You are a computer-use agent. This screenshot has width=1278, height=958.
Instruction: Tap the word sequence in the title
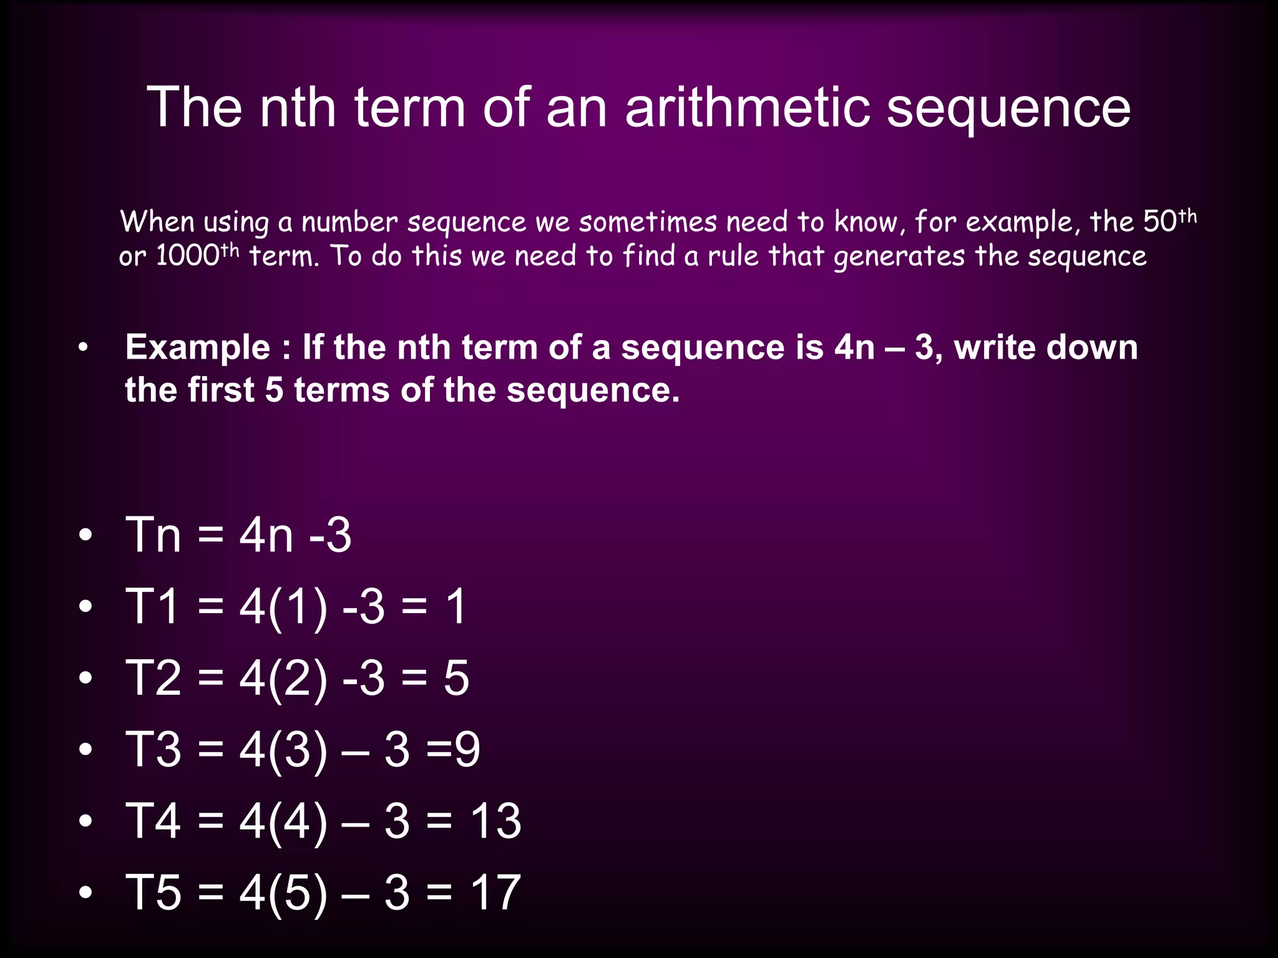(x=1008, y=110)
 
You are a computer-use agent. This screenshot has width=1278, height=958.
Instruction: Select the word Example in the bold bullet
(x=197, y=348)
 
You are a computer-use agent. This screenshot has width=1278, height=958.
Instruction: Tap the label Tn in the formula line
(x=153, y=535)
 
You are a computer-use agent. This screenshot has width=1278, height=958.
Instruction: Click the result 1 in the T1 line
(x=456, y=606)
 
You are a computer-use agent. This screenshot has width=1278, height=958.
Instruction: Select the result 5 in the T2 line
(x=456, y=678)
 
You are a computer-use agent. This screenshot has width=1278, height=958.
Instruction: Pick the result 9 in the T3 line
(x=467, y=749)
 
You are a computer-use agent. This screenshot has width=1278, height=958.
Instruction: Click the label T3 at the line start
(x=153, y=749)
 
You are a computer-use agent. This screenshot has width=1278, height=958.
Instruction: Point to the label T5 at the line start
(x=153, y=893)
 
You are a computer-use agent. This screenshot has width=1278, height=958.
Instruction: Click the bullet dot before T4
(x=85, y=821)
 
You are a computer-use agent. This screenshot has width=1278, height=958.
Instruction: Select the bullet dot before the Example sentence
(x=83, y=349)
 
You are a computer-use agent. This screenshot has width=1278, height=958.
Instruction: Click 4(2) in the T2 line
(x=283, y=678)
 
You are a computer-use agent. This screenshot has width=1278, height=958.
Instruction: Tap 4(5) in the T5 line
(x=283, y=893)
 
